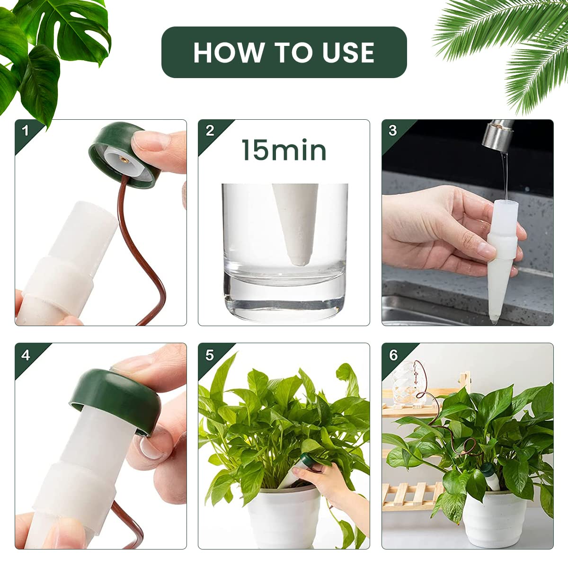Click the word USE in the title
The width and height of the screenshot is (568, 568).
click(348, 53)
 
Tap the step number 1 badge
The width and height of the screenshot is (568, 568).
click(26, 131)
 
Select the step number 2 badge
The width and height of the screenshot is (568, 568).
click(210, 131)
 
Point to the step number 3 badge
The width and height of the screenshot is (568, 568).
click(393, 131)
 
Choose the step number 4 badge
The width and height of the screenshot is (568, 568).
click(26, 355)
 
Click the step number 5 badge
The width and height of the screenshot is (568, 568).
click(210, 355)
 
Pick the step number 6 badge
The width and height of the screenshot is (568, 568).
click(393, 355)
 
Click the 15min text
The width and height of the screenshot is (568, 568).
click(284, 151)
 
